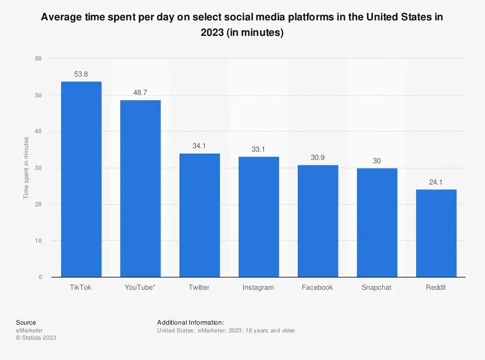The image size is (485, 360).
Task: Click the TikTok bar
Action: tap(81, 179)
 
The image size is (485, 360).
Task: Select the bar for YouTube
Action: tap(140, 188)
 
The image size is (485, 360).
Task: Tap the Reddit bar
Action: tap(436, 233)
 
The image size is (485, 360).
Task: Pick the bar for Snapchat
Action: tap(377, 222)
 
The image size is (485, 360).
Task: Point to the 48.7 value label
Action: tap(140, 93)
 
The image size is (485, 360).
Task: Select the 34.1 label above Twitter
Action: tap(199, 145)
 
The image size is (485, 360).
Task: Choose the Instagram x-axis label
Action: tap(258, 287)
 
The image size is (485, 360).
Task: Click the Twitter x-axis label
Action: tap(199, 287)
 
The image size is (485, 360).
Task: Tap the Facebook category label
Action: tap(317, 287)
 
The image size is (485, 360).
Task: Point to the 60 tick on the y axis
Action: tap(39, 59)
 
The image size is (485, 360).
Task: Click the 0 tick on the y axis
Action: tap(40, 277)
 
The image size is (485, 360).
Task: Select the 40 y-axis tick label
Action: tap(39, 131)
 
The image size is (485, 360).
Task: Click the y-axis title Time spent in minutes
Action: tap(26, 168)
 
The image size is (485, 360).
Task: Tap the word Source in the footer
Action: tap(26, 322)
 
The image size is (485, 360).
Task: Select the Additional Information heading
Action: tap(191, 322)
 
